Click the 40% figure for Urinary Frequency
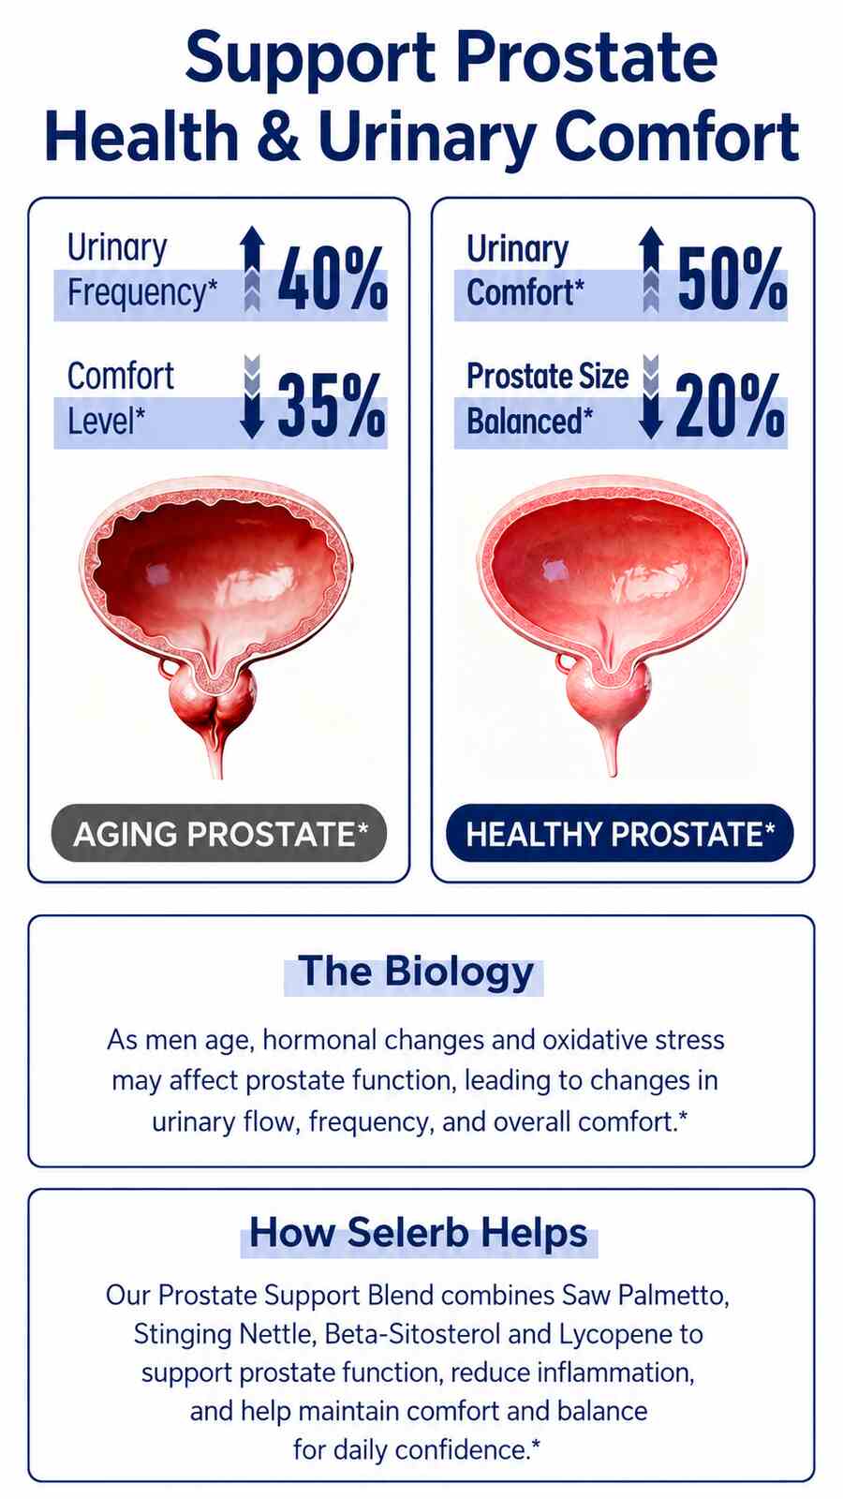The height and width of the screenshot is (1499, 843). [x=333, y=277]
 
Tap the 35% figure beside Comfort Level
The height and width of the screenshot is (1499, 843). [x=332, y=406]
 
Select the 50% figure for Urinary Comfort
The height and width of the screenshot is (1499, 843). [x=732, y=277]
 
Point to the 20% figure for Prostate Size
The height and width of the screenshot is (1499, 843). [x=731, y=406]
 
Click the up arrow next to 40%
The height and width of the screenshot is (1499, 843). [x=252, y=268]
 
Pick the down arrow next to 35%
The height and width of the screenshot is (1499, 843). [x=252, y=397]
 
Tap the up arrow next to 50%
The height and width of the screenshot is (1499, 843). [x=651, y=268]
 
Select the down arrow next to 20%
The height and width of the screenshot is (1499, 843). [x=650, y=397]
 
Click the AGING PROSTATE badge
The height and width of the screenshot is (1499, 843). [x=219, y=833]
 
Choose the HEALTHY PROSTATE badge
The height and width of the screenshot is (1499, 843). [x=619, y=833]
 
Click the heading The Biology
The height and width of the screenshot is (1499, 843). [x=416, y=972]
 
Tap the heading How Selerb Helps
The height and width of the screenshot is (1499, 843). [x=418, y=1233]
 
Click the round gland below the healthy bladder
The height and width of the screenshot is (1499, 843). [x=608, y=697]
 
